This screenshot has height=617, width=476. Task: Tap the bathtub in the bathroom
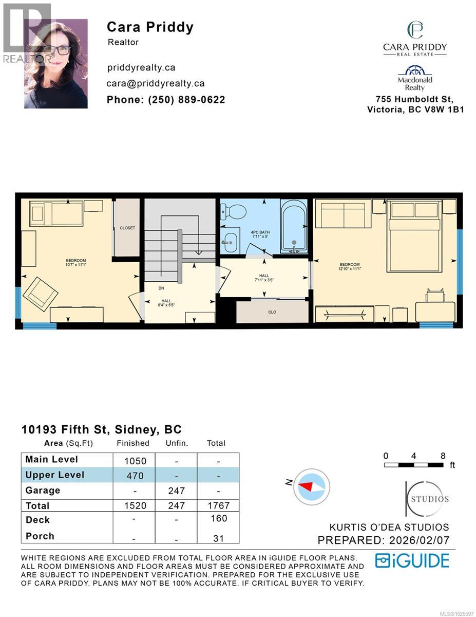click(294, 227)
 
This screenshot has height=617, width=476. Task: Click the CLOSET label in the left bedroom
click(127, 228)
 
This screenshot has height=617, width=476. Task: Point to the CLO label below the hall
click(272, 312)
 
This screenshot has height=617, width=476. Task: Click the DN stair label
click(161, 288)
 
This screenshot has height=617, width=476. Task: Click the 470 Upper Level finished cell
click(135, 476)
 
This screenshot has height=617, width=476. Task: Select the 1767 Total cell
click(218, 506)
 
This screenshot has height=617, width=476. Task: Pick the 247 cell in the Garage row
click(176, 491)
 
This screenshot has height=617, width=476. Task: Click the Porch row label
click(40, 536)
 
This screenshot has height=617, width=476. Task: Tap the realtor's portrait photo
click(55, 64)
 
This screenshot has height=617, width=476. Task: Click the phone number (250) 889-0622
click(165, 100)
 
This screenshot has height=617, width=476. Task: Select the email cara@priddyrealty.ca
click(156, 83)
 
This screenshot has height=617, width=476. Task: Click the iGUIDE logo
click(412, 560)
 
